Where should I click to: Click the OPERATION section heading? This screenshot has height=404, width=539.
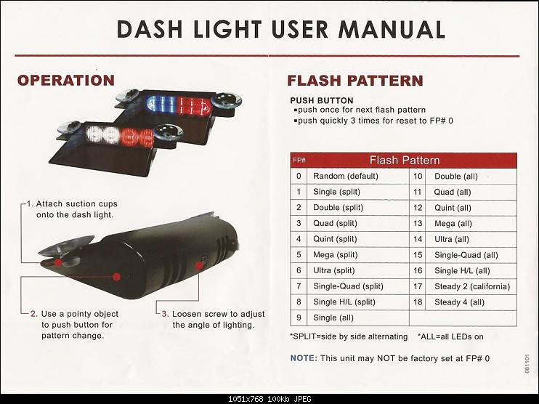[66, 81]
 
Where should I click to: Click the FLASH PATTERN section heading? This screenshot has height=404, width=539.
[355, 81]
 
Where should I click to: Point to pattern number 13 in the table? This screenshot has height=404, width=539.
[418, 224]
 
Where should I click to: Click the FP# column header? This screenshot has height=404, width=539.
[299, 161]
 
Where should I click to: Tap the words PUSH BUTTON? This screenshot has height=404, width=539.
[322, 100]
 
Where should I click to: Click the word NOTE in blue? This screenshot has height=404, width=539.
[304, 358]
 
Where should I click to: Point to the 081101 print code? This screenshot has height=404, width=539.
[527, 363]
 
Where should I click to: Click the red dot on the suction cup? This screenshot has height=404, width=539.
[58, 263]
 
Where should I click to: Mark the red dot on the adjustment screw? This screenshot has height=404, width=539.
[199, 265]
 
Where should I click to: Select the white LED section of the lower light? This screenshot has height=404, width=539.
[102, 135]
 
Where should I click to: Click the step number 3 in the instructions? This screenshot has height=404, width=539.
[165, 314]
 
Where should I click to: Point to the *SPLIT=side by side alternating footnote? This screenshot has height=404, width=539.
[349, 336]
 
